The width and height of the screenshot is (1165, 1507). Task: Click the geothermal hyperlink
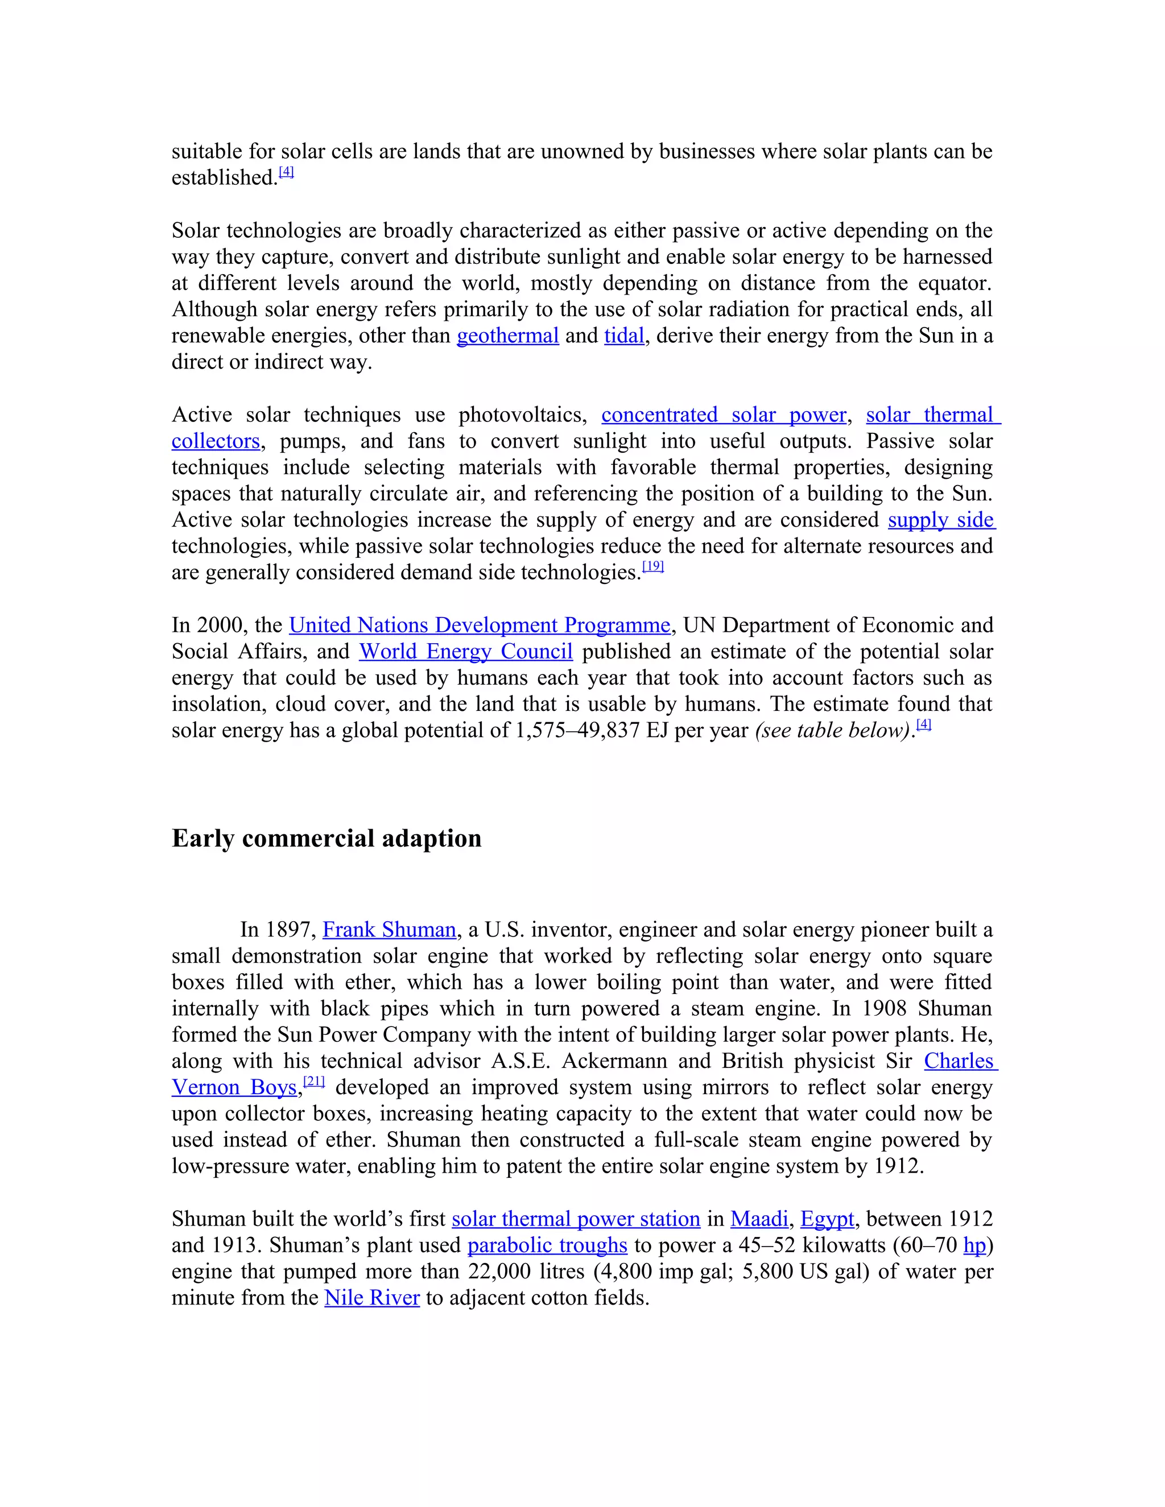point(507,336)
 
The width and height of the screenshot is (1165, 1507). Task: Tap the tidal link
point(624,336)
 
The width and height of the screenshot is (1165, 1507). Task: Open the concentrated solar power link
point(724,415)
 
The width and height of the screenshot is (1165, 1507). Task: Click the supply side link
point(941,520)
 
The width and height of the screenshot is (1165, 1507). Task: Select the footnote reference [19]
point(652,566)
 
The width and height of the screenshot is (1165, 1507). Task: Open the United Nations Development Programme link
point(479,625)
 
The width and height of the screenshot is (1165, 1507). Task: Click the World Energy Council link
point(465,651)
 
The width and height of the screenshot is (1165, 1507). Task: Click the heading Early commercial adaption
point(327,838)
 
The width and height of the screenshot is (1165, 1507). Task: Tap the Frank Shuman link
point(389,930)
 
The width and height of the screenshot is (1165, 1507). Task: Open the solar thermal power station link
point(576,1219)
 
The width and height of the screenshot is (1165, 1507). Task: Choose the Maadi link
point(758,1219)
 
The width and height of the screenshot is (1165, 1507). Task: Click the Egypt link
point(827,1219)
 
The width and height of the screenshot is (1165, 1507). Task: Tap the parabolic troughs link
point(547,1245)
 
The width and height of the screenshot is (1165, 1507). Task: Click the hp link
point(974,1245)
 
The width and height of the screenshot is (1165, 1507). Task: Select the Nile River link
point(372,1298)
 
